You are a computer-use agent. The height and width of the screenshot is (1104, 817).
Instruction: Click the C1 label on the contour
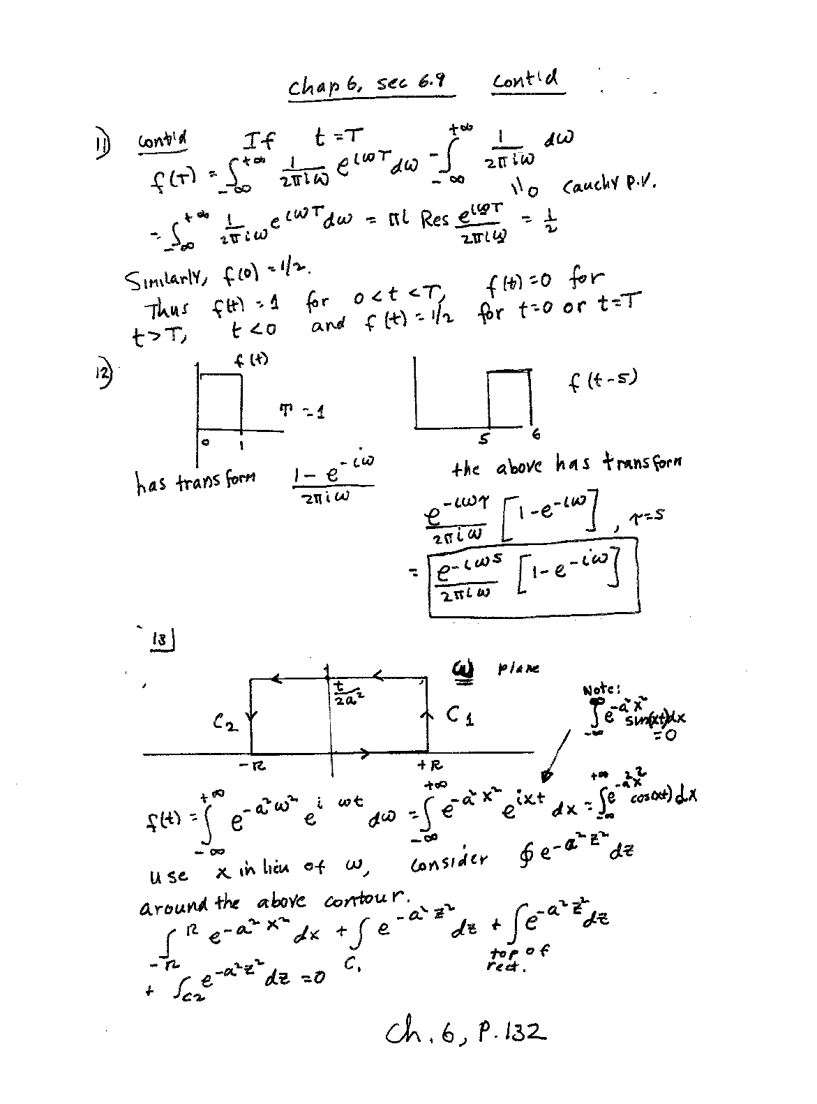[x=460, y=715]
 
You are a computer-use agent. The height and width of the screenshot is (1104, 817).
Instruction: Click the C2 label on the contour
[x=226, y=724]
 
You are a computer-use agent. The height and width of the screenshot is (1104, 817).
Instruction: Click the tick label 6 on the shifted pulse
[x=535, y=435]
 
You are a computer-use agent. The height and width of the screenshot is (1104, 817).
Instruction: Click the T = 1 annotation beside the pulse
[x=302, y=412]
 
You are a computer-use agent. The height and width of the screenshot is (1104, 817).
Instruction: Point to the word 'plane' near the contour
[x=518, y=669]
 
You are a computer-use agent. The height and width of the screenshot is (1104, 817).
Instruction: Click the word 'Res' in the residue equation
[x=435, y=221]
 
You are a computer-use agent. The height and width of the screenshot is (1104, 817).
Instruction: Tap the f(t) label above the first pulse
[x=252, y=361]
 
